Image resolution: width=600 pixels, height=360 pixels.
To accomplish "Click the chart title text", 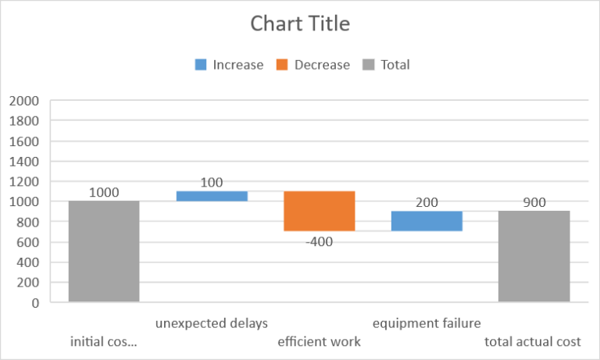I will click(x=300, y=24).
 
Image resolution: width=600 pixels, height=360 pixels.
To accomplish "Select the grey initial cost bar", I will click(x=104, y=251).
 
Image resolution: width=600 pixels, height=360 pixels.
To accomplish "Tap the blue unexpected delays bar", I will click(x=211, y=196).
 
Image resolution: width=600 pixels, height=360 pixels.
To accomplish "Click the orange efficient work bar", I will click(x=319, y=211).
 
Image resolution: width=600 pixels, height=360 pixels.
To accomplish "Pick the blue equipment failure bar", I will click(x=427, y=221).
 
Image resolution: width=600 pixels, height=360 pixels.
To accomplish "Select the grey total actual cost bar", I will click(x=534, y=256).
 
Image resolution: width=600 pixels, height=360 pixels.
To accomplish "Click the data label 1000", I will click(x=104, y=192).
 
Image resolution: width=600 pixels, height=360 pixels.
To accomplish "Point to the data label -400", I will click(x=319, y=241).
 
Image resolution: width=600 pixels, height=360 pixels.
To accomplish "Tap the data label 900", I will click(x=534, y=202).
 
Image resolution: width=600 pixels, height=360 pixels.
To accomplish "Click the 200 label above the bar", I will click(x=427, y=202).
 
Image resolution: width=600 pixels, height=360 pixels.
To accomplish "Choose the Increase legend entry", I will click(x=230, y=65).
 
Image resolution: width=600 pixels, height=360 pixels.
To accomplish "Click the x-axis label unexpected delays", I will click(x=211, y=323).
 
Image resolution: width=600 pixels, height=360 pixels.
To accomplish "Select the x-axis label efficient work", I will click(x=319, y=342).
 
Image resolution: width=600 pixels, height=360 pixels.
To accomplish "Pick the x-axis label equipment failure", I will click(x=427, y=323).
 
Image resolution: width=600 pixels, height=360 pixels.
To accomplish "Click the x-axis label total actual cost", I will click(x=533, y=342).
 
